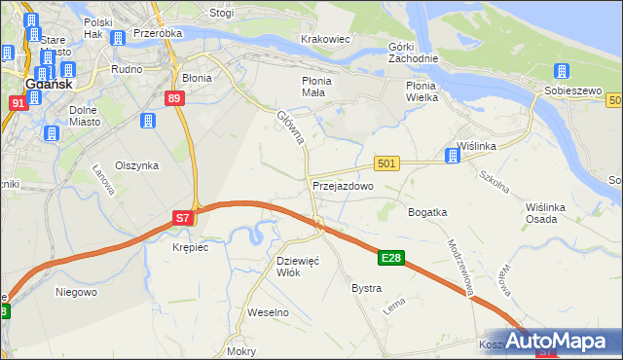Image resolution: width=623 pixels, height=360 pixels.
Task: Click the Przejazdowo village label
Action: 343,185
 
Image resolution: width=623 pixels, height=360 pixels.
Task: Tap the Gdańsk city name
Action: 45,85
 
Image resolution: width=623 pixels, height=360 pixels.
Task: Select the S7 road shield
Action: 183,219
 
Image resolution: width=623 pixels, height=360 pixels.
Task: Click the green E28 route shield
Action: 391,258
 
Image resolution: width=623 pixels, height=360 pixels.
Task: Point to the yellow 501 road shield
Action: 386,164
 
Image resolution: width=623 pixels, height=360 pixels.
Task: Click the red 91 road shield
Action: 18,103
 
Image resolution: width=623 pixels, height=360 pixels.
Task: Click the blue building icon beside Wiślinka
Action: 452,155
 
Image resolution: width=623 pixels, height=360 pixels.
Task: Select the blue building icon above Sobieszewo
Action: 562,71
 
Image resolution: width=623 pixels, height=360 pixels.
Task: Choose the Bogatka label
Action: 427,211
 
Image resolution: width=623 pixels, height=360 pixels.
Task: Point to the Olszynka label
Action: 136,165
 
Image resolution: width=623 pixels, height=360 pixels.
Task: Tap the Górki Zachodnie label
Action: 413,52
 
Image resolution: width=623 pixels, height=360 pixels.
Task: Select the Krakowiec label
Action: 325,39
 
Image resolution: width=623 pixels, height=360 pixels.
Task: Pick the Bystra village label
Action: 366,288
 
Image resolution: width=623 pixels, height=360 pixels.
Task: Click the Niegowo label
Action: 76,291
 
